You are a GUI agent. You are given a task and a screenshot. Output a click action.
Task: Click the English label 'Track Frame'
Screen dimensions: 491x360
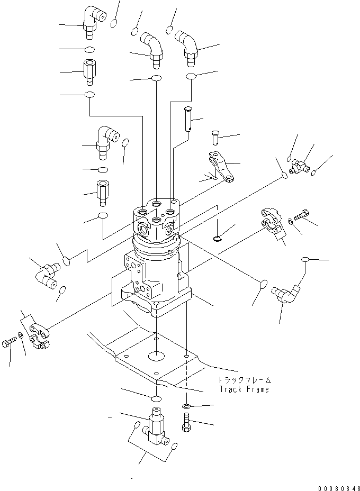tap(244, 389)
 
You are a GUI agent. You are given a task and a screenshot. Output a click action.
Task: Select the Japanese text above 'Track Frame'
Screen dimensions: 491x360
tap(244, 380)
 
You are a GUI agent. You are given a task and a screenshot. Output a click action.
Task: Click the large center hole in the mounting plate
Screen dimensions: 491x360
tap(157, 356)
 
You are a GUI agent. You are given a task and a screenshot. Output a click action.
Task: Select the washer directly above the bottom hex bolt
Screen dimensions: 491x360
tap(187, 406)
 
